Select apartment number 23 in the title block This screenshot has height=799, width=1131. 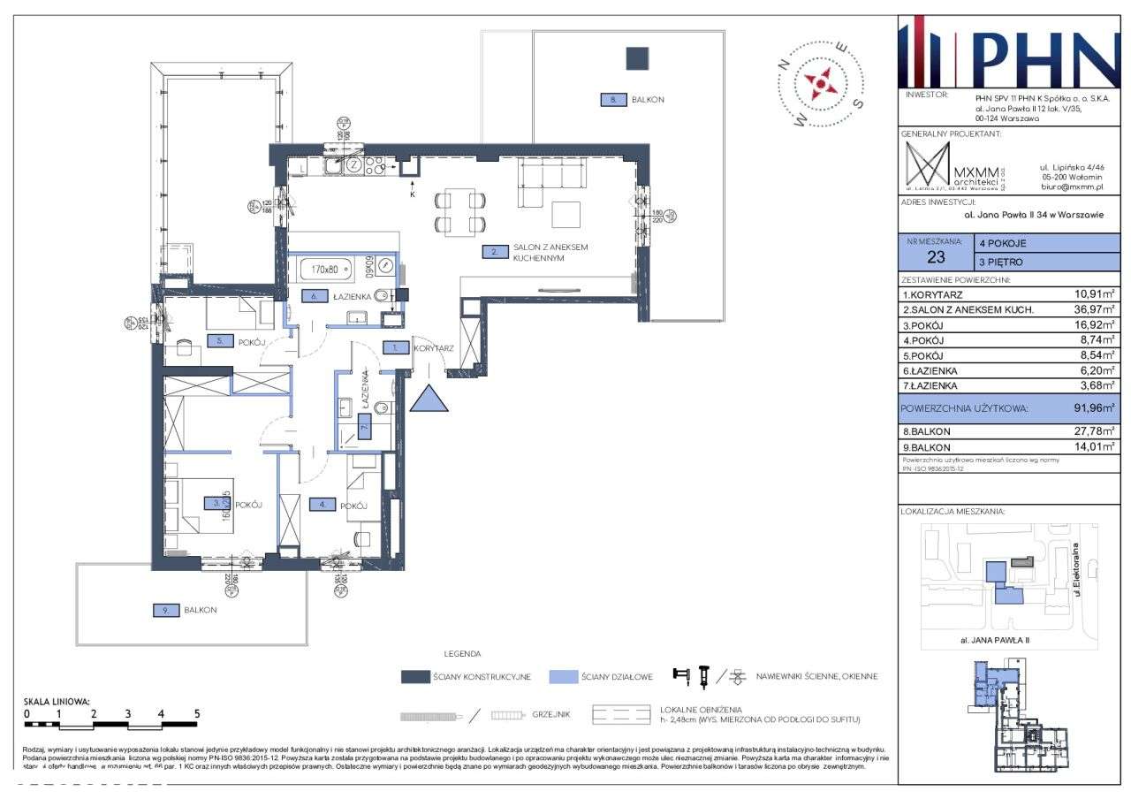[x=935, y=258]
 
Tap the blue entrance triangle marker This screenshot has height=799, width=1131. [x=429, y=399]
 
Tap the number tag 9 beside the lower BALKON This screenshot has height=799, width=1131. [x=165, y=610]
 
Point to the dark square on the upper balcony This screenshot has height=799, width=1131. [x=637, y=58]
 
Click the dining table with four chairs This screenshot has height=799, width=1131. [x=459, y=212]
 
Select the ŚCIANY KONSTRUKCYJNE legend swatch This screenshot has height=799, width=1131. [x=414, y=677]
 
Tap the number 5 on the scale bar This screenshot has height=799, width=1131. [x=197, y=713]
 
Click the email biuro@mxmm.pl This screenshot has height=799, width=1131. [x=1073, y=186]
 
